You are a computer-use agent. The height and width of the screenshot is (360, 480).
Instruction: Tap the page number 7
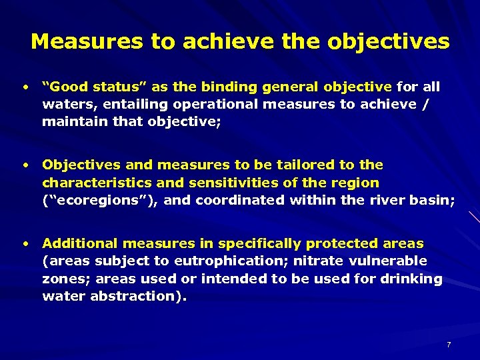449,345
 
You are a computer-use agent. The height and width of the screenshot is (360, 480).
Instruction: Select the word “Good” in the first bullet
66,87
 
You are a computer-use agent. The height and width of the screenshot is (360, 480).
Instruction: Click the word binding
233,87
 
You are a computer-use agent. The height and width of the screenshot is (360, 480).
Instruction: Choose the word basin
433,199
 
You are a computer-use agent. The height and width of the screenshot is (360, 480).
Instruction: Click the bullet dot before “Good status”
25,87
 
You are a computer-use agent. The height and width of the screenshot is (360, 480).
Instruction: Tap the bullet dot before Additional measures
25,243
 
